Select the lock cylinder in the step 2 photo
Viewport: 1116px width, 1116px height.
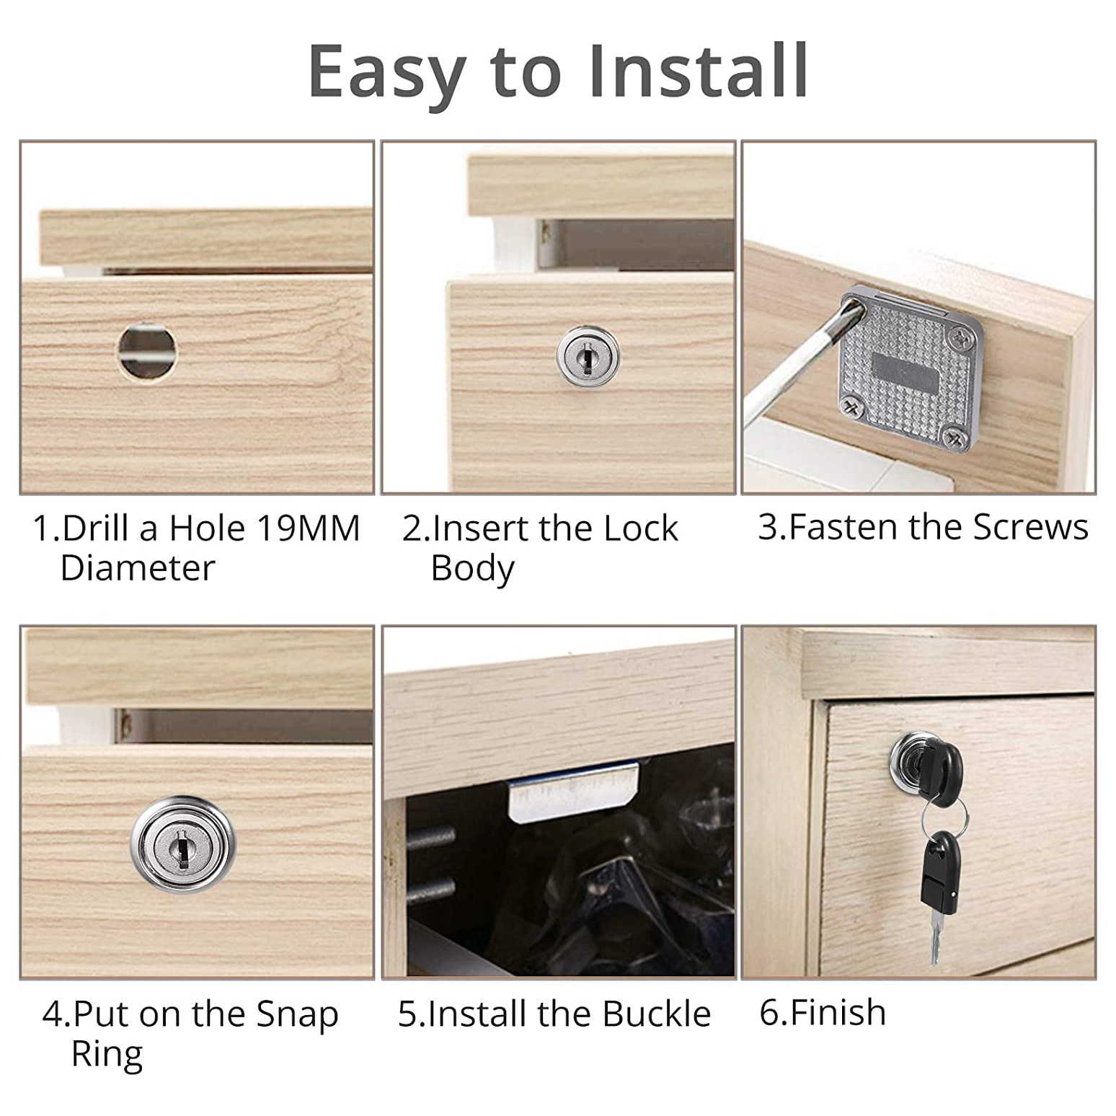click(x=588, y=355)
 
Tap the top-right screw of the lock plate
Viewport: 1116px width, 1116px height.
click(x=961, y=337)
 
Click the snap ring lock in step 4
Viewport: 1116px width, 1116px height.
click(x=182, y=844)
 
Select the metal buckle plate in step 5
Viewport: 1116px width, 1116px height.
click(x=574, y=792)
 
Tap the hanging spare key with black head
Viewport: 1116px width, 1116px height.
click(x=939, y=894)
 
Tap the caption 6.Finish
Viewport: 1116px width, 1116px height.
click(x=823, y=1012)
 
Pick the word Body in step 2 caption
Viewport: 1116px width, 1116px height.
click(x=472, y=570)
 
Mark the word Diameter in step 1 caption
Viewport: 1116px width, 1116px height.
click(x=138, y=568)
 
